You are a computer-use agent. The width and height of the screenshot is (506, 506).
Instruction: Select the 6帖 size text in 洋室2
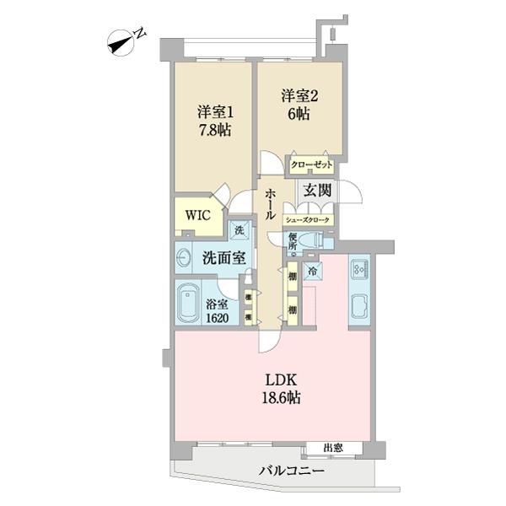coord(297,115)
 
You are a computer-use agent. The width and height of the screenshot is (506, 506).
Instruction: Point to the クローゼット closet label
coord(311,166)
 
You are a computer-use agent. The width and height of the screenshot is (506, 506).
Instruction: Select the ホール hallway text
coord(269,202)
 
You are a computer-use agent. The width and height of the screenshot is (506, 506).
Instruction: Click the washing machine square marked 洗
coord(239,230)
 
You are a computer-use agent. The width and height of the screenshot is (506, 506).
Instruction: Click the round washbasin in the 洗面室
coord(185,256)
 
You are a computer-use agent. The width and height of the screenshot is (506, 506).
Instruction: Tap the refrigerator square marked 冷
coord(312,272)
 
